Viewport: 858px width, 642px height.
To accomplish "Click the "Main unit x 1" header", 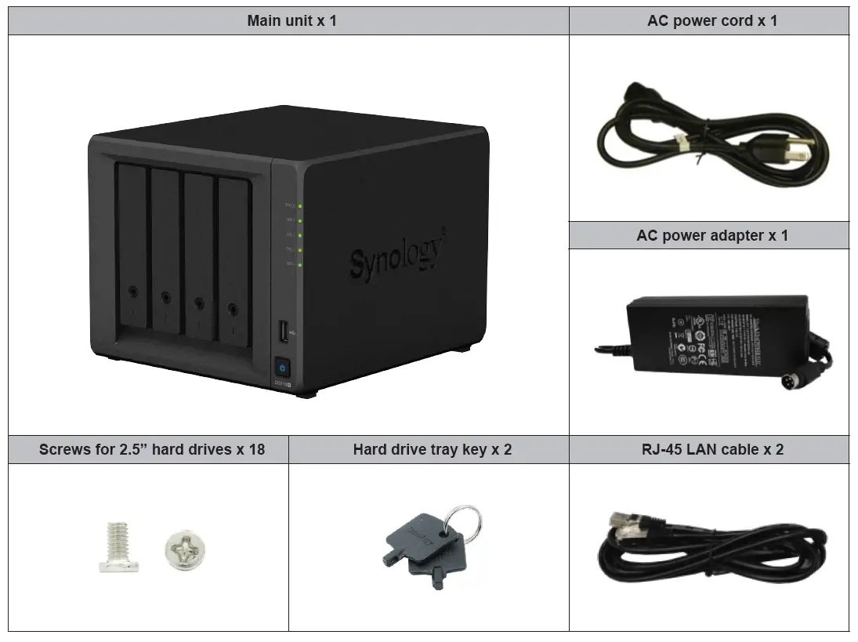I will pos(291,21).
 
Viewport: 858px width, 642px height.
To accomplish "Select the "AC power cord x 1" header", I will pos(711,21).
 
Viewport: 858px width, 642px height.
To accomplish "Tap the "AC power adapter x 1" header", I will pos(711,235).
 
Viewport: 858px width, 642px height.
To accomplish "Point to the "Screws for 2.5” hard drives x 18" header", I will pos(151,449).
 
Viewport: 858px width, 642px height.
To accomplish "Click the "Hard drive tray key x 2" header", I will pos(432,449).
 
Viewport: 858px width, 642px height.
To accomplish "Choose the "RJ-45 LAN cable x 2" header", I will pos(711,449).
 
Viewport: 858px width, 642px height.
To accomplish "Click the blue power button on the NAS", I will pos(282,367).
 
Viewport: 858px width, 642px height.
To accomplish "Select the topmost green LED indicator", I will pos(300,207).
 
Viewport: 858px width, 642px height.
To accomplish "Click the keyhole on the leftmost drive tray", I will pos(132,292).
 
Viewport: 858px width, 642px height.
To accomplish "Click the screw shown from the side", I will pos(117,547).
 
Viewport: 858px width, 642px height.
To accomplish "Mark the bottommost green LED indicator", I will pos(300,264).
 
